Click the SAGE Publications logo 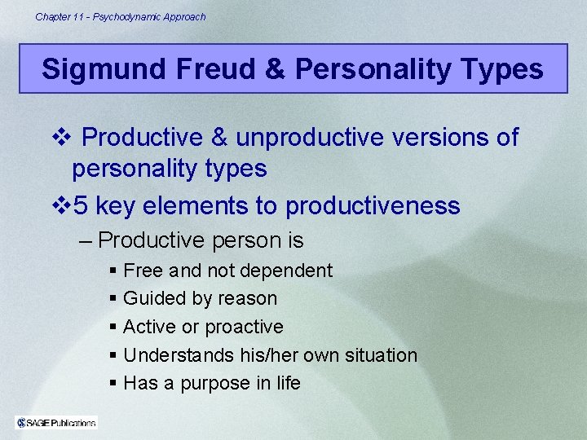[x=56, y=422]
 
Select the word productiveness [x=373, y=206]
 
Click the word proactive [x=244, y=327]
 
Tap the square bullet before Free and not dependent [x=113, y=271]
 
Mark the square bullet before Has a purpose [x=113, y=383]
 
